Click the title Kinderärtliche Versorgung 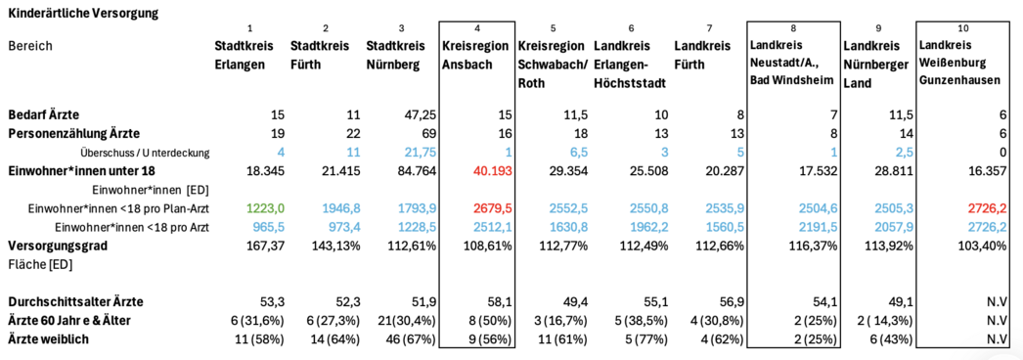click(x=83, y=13)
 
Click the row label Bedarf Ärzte click(x=43, y=114)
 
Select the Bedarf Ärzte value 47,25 click(x=420, y=114)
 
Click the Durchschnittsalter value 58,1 click(x=501, y=301)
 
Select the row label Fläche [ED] click(x=40, y=265)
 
